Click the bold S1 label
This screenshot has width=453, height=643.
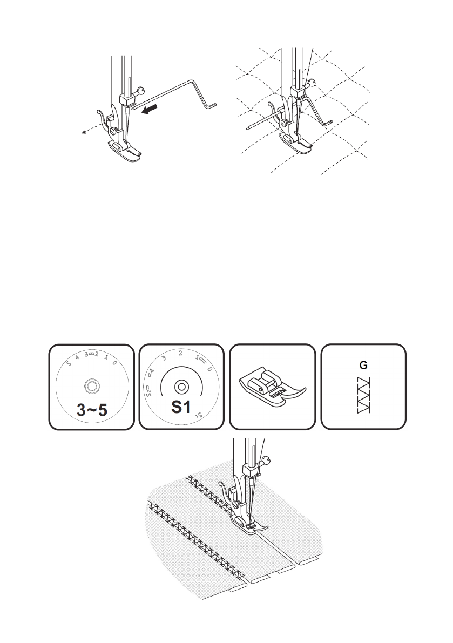181,407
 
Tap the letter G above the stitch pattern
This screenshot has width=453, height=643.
363,366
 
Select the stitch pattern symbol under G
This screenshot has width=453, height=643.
363,397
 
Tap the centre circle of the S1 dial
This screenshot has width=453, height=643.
181,385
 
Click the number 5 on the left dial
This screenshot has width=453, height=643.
69,363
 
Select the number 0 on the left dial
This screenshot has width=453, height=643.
114,363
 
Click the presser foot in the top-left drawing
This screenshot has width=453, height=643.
125,151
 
